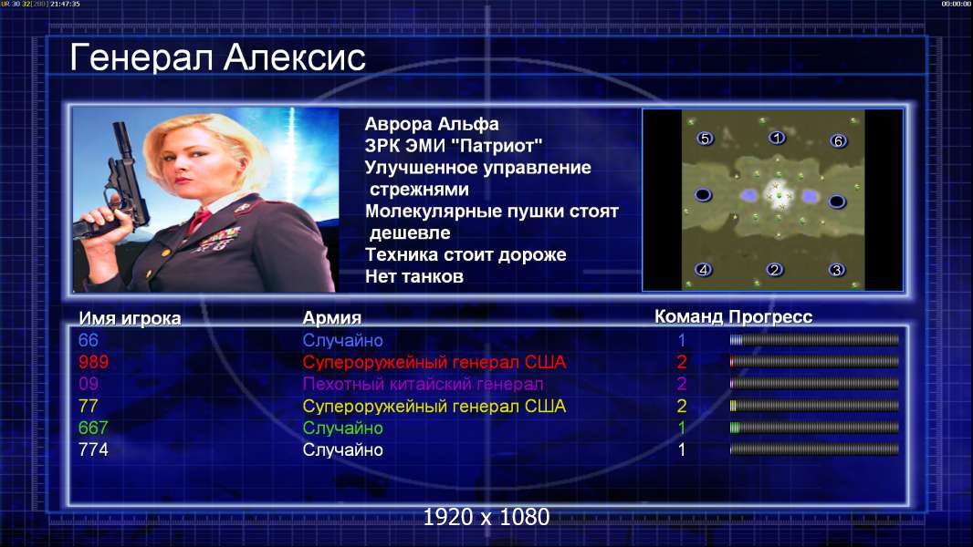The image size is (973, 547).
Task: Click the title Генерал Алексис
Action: click(x=218, y=57)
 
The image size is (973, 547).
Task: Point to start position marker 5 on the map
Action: click(x=705, y=139)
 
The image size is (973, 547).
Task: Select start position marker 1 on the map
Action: click(x=777, y=137)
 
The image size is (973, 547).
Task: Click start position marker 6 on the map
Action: click(x=838, y=140)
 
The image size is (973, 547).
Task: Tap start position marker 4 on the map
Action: click(x=703, y=270)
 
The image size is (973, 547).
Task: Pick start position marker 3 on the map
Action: click(x=837, y=270)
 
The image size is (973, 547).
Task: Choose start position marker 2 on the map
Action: click(x=774, y=270)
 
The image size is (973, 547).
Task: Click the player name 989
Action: click(x=93, y=362)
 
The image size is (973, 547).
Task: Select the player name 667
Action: click(x=93, y=428)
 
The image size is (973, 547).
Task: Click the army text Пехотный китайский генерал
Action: click(x=424, y=384)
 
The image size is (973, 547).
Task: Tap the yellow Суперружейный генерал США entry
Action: click(x=434, y=407)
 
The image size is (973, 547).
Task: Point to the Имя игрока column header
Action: click(x=130, y=318)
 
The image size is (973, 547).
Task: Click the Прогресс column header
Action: click(x=770, y=316)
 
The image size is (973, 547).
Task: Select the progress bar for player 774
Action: click(x=814, y=449)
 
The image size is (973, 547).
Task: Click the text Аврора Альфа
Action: click(x=432, y=124)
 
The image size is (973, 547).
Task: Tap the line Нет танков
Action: click(x=414, y=276)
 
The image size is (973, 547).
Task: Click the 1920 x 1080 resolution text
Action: click(x=486, y=517)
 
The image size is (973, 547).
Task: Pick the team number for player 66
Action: click(x=681, y=340)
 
